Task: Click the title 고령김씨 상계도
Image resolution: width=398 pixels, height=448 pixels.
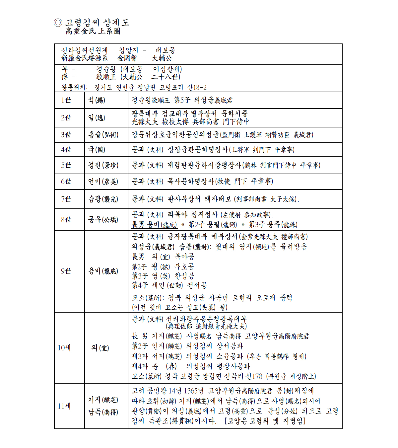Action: tap(97, 23)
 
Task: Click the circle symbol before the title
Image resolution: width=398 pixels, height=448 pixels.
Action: tap(58, 23)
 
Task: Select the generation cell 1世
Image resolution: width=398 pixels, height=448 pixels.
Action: tap(66, 100)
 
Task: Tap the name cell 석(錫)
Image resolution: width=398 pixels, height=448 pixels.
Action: tap(97, 100)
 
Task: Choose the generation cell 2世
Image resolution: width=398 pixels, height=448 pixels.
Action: tap(66, 118)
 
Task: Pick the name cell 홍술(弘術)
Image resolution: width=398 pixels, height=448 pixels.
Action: tap(103, 135)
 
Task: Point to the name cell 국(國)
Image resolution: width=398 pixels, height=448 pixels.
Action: tap(97, 150)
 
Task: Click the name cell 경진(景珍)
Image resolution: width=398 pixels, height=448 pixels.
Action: tap(103, 165)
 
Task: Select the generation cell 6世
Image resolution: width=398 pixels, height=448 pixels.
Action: tap(66, 182)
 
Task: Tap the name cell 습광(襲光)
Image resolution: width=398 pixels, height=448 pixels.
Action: tap(103, 199)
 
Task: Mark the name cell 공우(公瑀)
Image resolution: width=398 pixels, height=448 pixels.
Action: tap(103, 220)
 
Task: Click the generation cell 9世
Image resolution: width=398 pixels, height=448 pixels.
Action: tap(66, 271)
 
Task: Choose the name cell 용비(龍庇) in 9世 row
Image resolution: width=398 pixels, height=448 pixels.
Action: tap(103, 271)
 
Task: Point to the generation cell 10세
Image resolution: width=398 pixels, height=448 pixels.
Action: tap(64, 348)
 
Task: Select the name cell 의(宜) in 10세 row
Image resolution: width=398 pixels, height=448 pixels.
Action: tap(100, 348)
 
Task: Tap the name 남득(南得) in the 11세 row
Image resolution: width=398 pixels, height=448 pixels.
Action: tap(103, 412)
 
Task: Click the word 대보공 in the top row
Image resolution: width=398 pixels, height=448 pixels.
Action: tap(165, 50)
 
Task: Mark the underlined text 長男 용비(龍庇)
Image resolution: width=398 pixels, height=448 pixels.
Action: tap(154, 225)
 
